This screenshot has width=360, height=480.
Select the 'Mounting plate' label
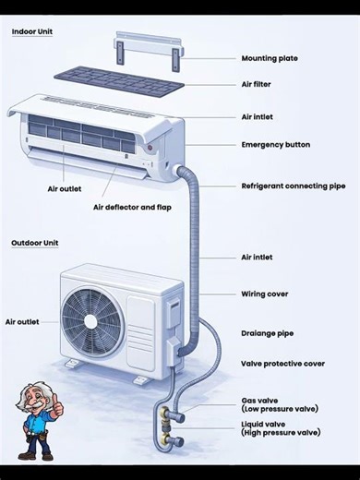(x=270, y=59)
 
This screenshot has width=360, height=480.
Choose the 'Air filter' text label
(x=257, y=86)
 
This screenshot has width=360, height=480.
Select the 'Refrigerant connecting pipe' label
(x=294, y=186)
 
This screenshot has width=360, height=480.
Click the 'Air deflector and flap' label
(x=132, y=208)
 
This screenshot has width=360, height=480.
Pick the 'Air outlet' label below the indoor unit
(x=65, y=189)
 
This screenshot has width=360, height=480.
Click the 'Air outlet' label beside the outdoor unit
(x=22, y=322)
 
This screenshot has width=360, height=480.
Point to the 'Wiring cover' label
(x=265, y=294)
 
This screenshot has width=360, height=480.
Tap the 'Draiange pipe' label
(x=267, y=333)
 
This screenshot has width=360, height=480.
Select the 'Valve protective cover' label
(x=282, y=364)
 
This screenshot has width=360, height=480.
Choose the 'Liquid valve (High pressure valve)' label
(x=281, y=428)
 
